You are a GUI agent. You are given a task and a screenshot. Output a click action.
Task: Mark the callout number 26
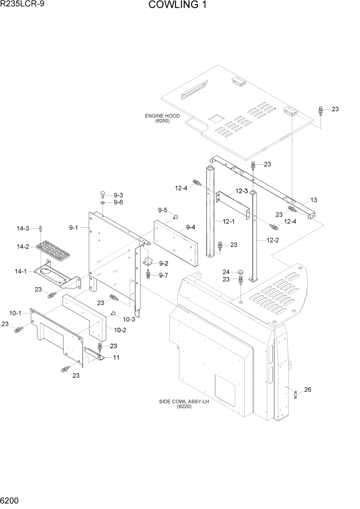coord(307,390)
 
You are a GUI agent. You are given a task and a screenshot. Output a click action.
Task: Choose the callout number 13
coord(314,201)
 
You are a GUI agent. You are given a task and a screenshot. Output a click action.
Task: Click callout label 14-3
coord(23,228)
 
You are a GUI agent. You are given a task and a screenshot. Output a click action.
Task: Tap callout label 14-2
coord(23,247)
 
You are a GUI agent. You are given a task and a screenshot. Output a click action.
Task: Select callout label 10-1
coord(15,313)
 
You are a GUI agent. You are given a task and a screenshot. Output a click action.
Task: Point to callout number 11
coord(116,357)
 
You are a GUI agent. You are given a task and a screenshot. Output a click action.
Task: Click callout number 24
coord(226,272)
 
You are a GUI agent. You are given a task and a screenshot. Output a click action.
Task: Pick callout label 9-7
coord(164,276)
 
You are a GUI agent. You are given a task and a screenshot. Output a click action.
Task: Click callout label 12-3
coord(242,191)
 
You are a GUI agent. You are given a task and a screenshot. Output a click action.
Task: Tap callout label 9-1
coord(73,227)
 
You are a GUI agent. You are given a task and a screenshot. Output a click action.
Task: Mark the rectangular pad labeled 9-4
coord(174,241)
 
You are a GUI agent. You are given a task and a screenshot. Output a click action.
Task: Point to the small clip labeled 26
coord(296,395)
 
